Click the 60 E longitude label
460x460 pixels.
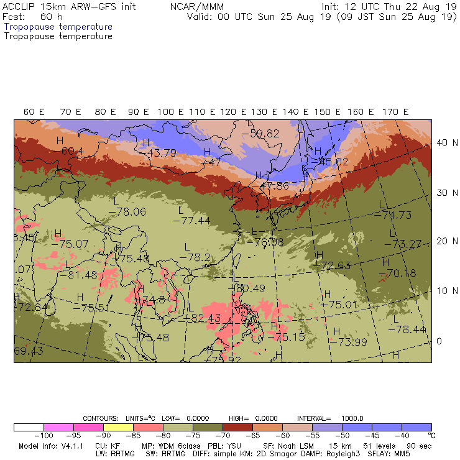point(34,112)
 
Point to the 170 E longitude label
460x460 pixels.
point(396,112)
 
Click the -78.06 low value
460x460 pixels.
point(127,212)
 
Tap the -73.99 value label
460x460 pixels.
point(349,341)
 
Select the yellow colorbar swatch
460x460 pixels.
point(119,427)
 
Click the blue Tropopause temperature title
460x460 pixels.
point(58,27)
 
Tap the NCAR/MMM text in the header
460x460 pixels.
point(193,7)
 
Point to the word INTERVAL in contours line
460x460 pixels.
point(315,418)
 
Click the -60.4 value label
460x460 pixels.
point(72,151)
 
